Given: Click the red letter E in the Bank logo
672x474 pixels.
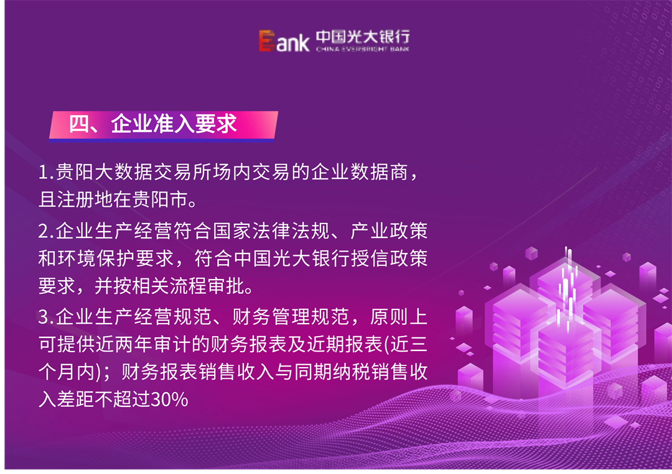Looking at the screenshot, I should click(267, 41).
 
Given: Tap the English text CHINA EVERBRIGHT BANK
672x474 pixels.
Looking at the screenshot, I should click(363, 48).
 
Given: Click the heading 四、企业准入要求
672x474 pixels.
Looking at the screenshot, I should click(153, 124).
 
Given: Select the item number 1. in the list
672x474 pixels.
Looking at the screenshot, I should click(46, 173).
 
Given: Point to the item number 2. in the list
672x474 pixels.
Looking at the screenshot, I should click(46, 232).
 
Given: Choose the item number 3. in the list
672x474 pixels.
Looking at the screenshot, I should click(46, 318).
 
